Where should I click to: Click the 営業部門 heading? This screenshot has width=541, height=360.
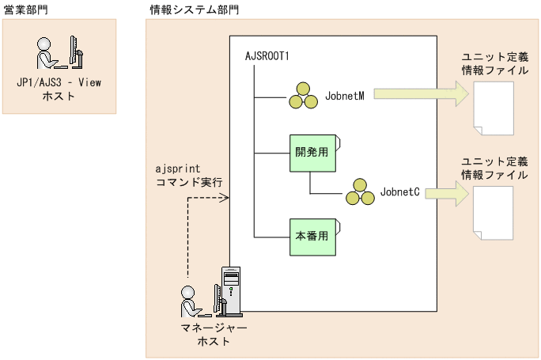25,10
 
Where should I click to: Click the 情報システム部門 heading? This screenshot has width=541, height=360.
194,10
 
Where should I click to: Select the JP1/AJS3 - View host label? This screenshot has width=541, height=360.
59,89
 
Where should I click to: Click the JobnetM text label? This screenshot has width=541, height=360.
345,94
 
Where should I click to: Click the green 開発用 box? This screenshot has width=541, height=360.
312,153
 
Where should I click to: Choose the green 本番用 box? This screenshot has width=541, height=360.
312,236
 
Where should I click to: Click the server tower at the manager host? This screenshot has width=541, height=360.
230,293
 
